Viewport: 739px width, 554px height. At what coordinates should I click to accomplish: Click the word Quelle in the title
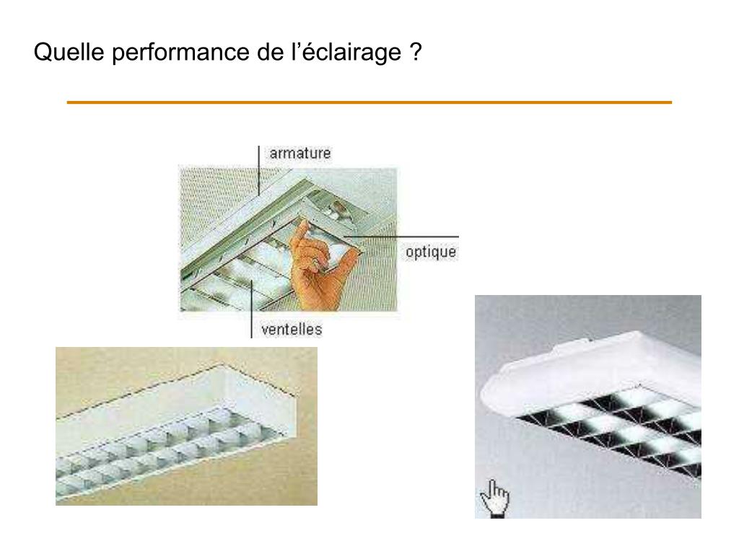pyautogui.click(x=69, y=51)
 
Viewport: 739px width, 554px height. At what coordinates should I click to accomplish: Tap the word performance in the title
pyautogui.click(x=181, y=53)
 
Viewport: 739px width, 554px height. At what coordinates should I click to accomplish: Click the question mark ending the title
pyautogui.click(x=415, y=51)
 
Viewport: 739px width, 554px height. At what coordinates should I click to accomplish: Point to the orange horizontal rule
pyautogui.click(x=369, y=102)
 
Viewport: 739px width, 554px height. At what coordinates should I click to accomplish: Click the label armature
pyautogui.click(x=300, y=153)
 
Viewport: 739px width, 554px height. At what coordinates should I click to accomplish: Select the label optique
pyautogui.click(x=431, y=252)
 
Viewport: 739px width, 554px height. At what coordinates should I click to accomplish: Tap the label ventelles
pyautogui.click(x=292, y=329)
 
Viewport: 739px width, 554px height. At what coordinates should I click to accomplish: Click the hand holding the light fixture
pyautogui.click(x=319, y=266)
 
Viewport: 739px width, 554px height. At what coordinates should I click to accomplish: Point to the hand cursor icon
pyautogui.click(x=495, y=498)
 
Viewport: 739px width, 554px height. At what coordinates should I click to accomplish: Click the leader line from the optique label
pyautogui.click(x=401, y=237)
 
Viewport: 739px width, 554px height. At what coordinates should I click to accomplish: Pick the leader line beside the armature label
pyautogui.click(x=259, y=170)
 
